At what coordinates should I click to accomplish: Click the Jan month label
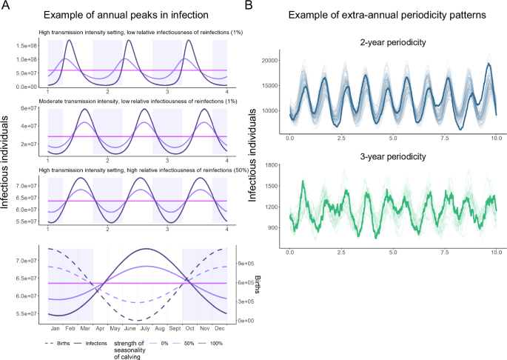point(55,327)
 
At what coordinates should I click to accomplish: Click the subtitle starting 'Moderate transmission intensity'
point(137,104)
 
